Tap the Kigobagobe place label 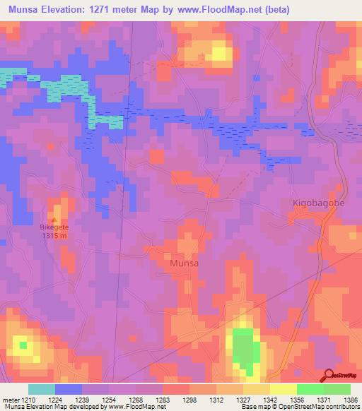click(317, 203)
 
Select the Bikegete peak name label click(54, 227)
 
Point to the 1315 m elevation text click(54, 236)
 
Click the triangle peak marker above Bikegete click(54, 220)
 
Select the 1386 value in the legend click(349, 399)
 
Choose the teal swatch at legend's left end click(42, 389)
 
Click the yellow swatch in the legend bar click(283, 389)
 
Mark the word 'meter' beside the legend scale click(10, 399)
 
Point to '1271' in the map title click(112, 8)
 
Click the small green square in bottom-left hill click(23, 345)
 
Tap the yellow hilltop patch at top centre click(218, 52)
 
